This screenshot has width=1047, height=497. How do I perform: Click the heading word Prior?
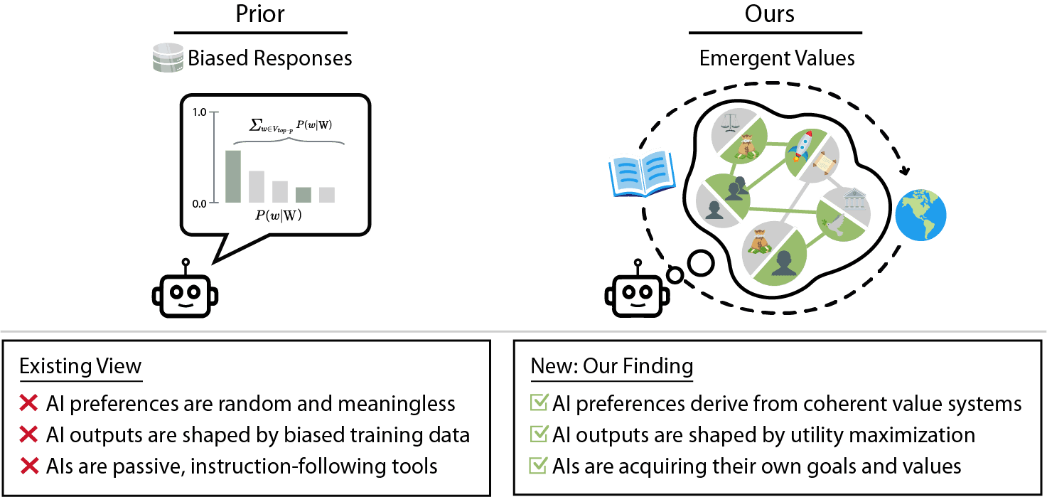[x=261, y=14]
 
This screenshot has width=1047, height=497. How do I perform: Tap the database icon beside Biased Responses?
[x=168, y=58]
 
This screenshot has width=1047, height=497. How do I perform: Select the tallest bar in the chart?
[x=233, y=176]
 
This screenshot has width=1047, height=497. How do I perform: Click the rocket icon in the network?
[x=802, y=146]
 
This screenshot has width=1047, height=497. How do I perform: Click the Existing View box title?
[x=80, y=367]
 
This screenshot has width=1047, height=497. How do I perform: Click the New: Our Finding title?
[x=611, y=367]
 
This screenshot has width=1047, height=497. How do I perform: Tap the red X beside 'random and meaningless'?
[x=29, y=404]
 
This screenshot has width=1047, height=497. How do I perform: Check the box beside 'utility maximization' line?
[x=539, y=435]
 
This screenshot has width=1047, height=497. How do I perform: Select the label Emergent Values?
[x=777, y=58]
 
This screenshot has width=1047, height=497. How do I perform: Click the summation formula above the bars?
[x=291, y=125]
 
